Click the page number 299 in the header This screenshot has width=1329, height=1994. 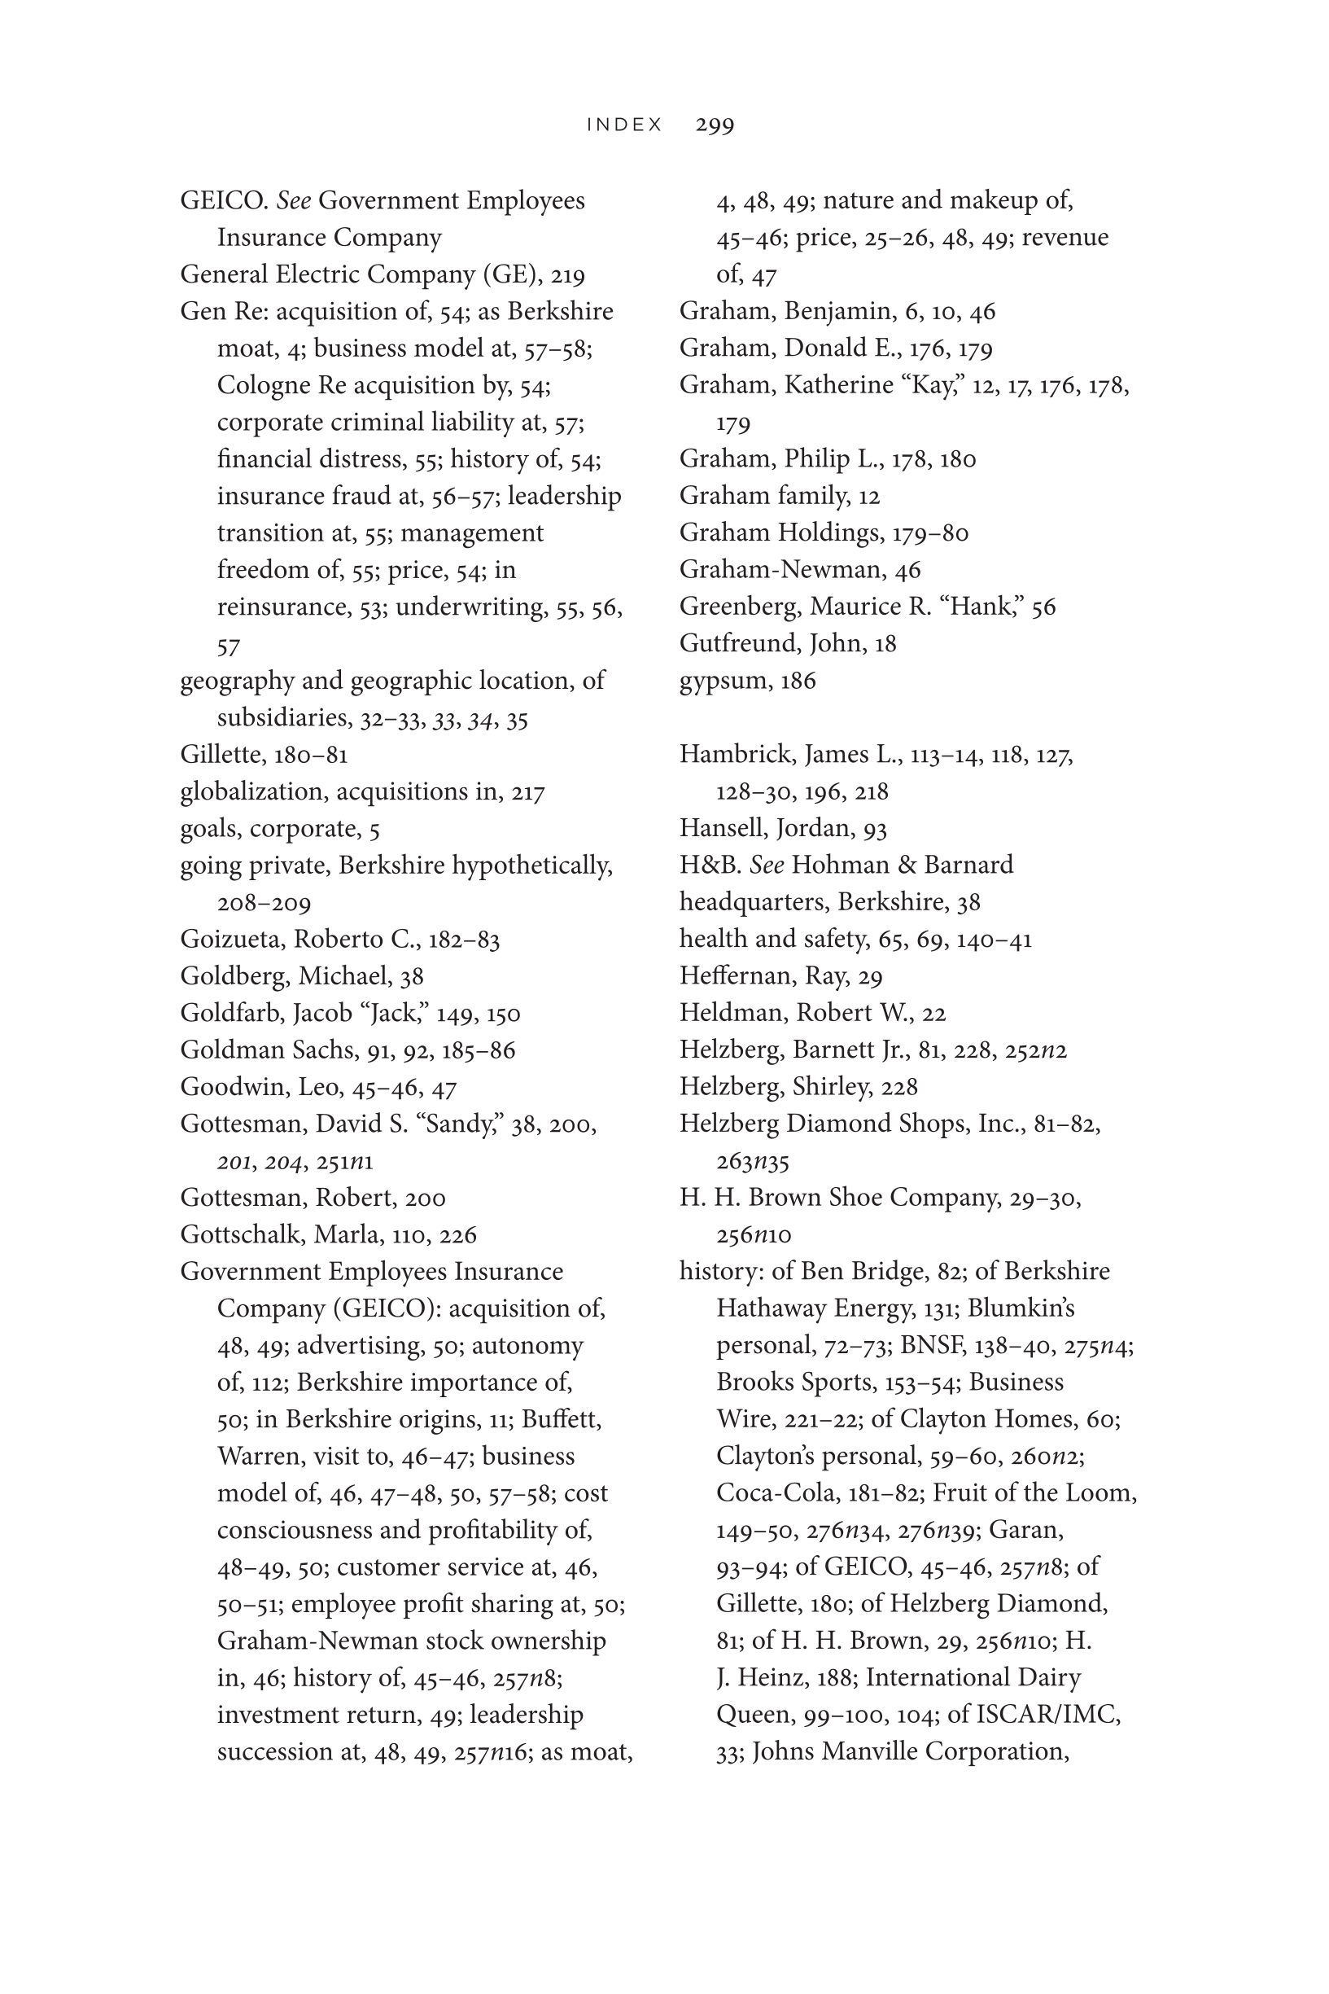coord(715,125)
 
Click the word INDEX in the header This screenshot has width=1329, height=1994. coord(625,125)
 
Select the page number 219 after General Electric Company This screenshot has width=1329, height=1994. coord(568,275)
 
